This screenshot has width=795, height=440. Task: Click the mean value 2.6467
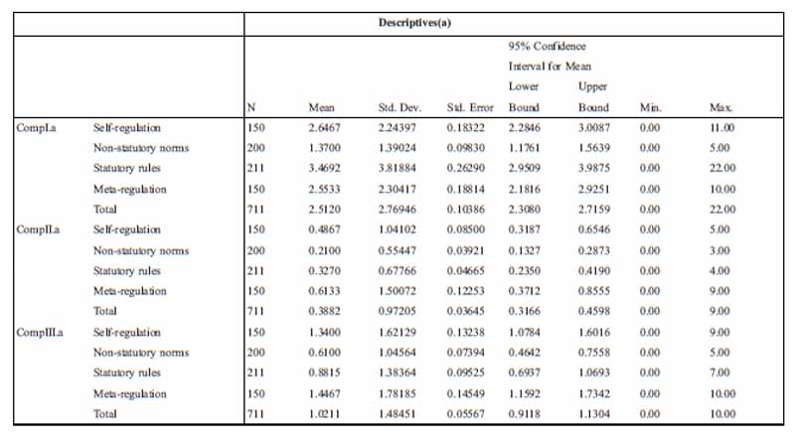(x=325, y=128)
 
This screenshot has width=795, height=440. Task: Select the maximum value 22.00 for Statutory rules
(x=721, y=169)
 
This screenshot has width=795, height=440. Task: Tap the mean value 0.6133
(x=325, y=290)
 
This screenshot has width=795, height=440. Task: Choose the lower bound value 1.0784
(x=526, y=331)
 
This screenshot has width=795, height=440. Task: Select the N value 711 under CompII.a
(x=257, y=311)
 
